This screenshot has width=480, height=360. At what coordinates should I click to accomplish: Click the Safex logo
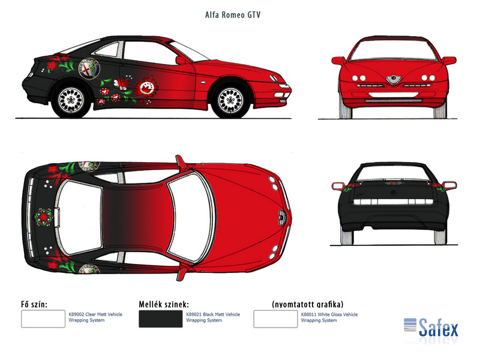coord(431,326)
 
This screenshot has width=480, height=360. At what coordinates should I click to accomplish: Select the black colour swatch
coord(160,319)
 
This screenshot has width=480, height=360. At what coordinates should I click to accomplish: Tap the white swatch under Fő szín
coord(43,319)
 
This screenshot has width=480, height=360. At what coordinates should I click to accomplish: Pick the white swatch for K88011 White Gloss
coord(275,319)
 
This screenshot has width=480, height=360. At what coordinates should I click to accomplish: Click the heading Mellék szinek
coord(164,304)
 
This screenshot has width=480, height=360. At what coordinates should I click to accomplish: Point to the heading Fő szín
coord(34,304)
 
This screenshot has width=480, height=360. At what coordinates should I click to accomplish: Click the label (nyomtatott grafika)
coord(308,304)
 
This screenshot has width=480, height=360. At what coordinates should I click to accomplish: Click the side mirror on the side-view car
coord(181,59)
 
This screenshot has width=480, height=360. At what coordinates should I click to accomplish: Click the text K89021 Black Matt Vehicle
coord(213,314)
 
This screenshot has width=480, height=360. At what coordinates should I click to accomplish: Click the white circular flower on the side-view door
coord(145,89)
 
